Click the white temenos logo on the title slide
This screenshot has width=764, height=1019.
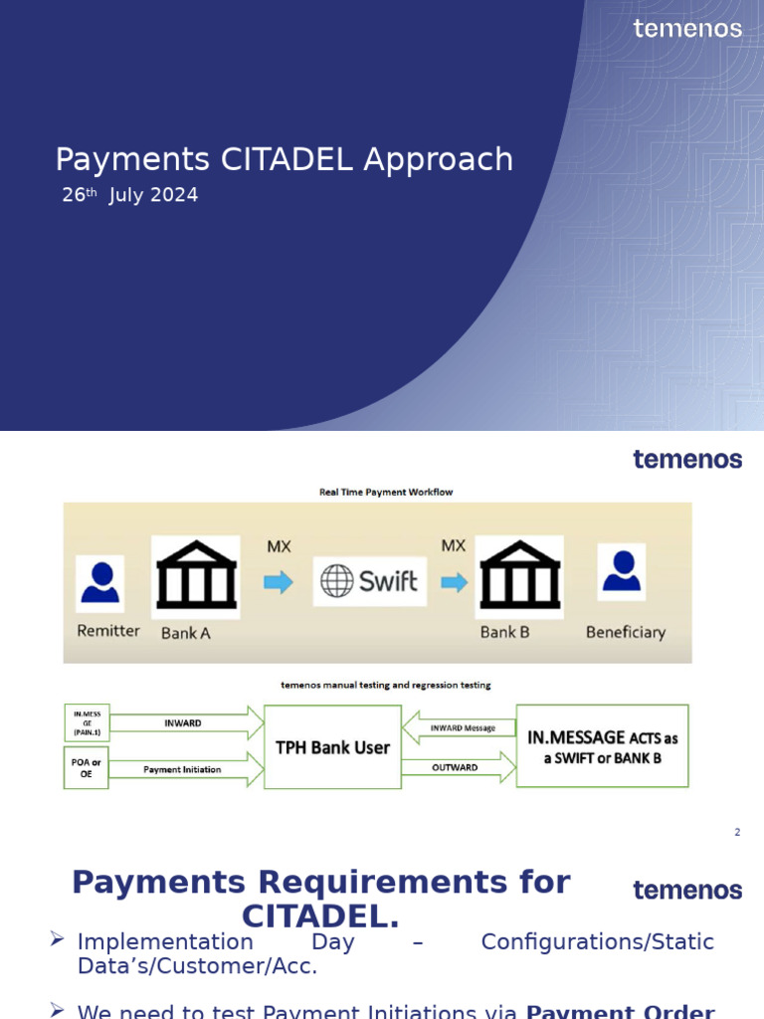point(687,28)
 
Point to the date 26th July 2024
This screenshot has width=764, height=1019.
point(130,195)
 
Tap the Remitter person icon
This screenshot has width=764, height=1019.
point(99,582)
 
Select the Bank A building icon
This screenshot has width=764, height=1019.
point(196,577)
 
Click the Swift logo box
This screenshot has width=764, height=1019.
point(369,581)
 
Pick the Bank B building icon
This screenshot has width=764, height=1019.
point(519,577)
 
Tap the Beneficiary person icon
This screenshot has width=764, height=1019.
point(622,571)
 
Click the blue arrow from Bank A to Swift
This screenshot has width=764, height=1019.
point(278,582)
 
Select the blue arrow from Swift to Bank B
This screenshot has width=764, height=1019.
point(455,582)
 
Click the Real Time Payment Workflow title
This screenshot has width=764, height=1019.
point(386,492)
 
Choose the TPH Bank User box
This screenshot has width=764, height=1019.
point(332,746)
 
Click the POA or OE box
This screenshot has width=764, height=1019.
point(86,768)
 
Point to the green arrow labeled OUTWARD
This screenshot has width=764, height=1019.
point(459,767)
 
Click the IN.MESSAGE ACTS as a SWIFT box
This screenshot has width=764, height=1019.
point(602,746)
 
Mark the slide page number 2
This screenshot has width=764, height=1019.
point(737,832)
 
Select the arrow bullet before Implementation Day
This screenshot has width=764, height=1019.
point(58,939)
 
